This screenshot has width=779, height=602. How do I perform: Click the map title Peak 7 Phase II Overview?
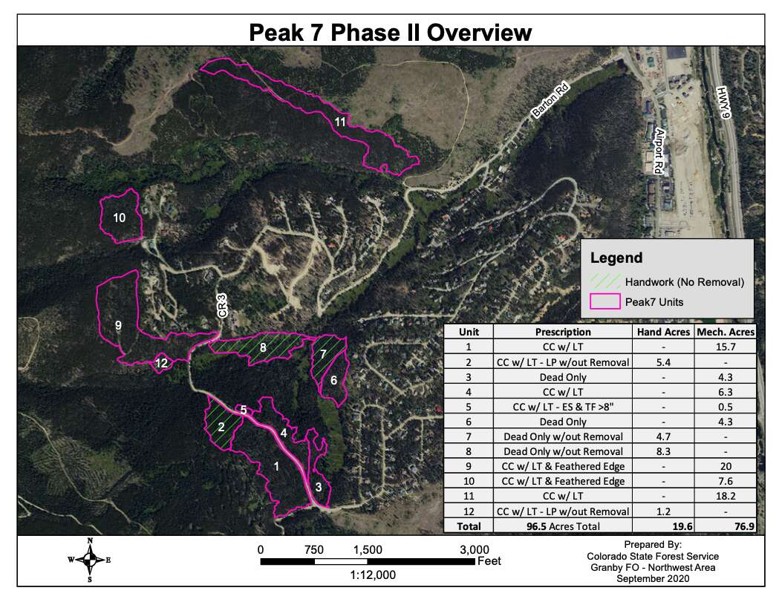(390, 33)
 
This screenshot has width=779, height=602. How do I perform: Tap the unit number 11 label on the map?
(341, 122)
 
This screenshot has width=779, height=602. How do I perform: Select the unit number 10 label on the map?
(120, 217)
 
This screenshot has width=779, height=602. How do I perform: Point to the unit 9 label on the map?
(118, 324)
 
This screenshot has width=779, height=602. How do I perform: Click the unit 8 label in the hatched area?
(262, 347)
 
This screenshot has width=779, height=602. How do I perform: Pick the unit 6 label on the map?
(333, 380)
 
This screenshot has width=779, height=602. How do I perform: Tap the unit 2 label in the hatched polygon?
(221, 427)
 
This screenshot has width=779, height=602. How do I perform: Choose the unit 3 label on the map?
(318, 488)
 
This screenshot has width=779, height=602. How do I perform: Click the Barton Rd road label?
(550, 102)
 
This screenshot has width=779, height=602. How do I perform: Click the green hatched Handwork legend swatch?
(604, 281)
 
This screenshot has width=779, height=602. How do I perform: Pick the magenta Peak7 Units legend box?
(604, 302)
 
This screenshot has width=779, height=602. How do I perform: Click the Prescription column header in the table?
(563, 333)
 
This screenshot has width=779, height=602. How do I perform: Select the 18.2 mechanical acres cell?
(725, 496)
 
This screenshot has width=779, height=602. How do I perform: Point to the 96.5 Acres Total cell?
(563, 526)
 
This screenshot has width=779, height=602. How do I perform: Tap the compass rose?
(89, 560)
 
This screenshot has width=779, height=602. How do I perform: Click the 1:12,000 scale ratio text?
(367, 575)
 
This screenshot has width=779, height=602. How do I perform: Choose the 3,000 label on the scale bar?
(460, 549)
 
